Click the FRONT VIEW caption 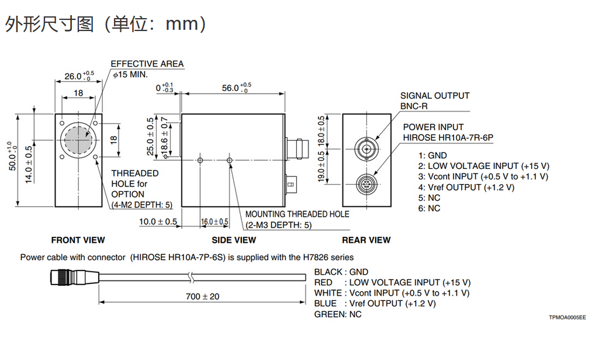(78, 240)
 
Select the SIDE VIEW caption (234, 240)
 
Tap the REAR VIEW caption (366, 240)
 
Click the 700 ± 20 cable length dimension (203, 296)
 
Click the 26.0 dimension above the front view (73, 76)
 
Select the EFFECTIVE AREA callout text (147, 64)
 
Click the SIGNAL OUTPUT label (435, 95)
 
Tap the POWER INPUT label (433, 127)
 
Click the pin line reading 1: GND (433, 155)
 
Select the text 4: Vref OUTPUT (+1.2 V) (466, 187)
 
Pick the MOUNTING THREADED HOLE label (297, 214)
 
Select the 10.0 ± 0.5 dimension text (158, 221)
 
